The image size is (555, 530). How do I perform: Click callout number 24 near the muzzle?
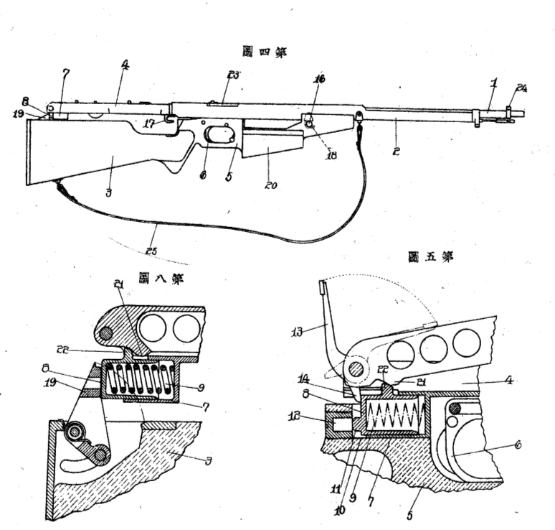click(521, 88)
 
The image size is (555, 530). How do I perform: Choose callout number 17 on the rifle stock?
click(148, 124)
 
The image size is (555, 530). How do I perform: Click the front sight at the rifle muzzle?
click(510, 111)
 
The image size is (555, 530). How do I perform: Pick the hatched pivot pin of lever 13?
click(356, 368)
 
